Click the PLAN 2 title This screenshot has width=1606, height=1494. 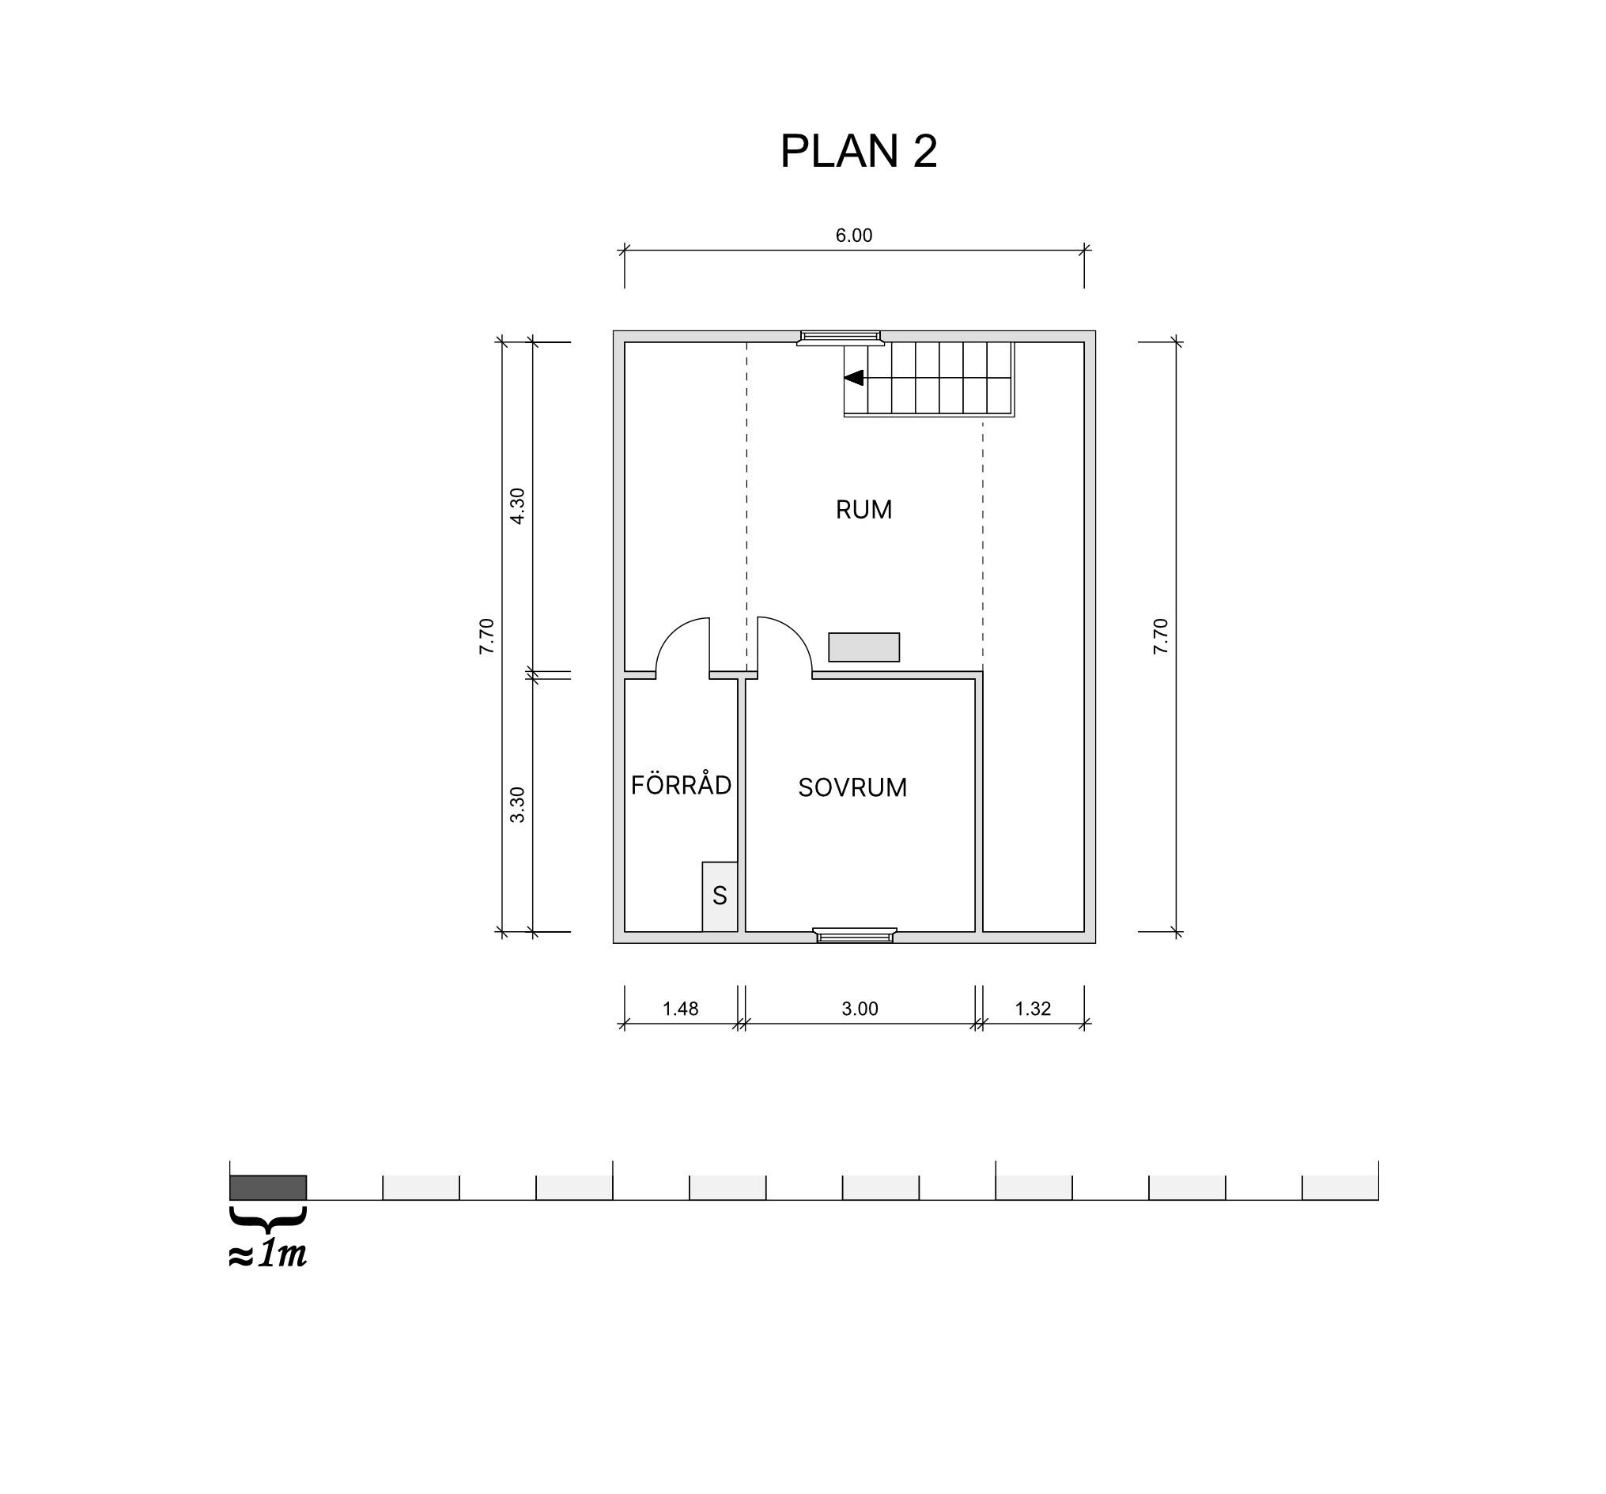pyautogui.click(x=859, y=150)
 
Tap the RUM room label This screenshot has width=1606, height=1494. pyautogui.click(x=863, y=510)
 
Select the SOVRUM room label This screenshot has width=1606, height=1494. pyautogui.click(x=852, y=787)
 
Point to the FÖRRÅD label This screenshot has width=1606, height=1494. pyautogui.click(x=681, y=784)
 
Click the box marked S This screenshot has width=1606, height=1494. pyautogui.click(x=720, y=896)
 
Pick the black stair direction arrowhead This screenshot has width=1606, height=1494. pyautogui.click(x=853, y=378)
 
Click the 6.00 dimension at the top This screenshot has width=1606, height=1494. pyautogui.click(x=854, y=236)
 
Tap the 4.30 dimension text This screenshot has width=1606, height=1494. pyautogui.click(x=518, y=506)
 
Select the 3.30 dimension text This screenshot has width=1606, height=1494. pyautogui.click(x=518, y=805)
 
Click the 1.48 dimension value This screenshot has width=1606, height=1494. pyautogui.click(x=680, y=1009)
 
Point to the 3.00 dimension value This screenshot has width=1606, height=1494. pyautogui.click(x=860, y=1009)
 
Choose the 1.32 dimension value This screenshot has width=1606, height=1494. pyautogui.click(x=1033, y=1009)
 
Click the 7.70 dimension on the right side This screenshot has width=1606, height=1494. pyautogui.click(x=1161, y=636)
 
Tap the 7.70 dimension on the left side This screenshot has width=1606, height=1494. pyautogui.click(x=486, y=636)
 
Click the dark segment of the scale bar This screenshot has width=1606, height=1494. pyautogui.click(x=268, y=1187)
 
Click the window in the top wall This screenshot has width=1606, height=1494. pyautogui.click(x=840, y=338)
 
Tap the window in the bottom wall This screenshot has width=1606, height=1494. pyautogui.click(x=855, y=935)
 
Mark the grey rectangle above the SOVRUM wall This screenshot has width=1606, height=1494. pyautogui.click(x=863, y=647)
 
